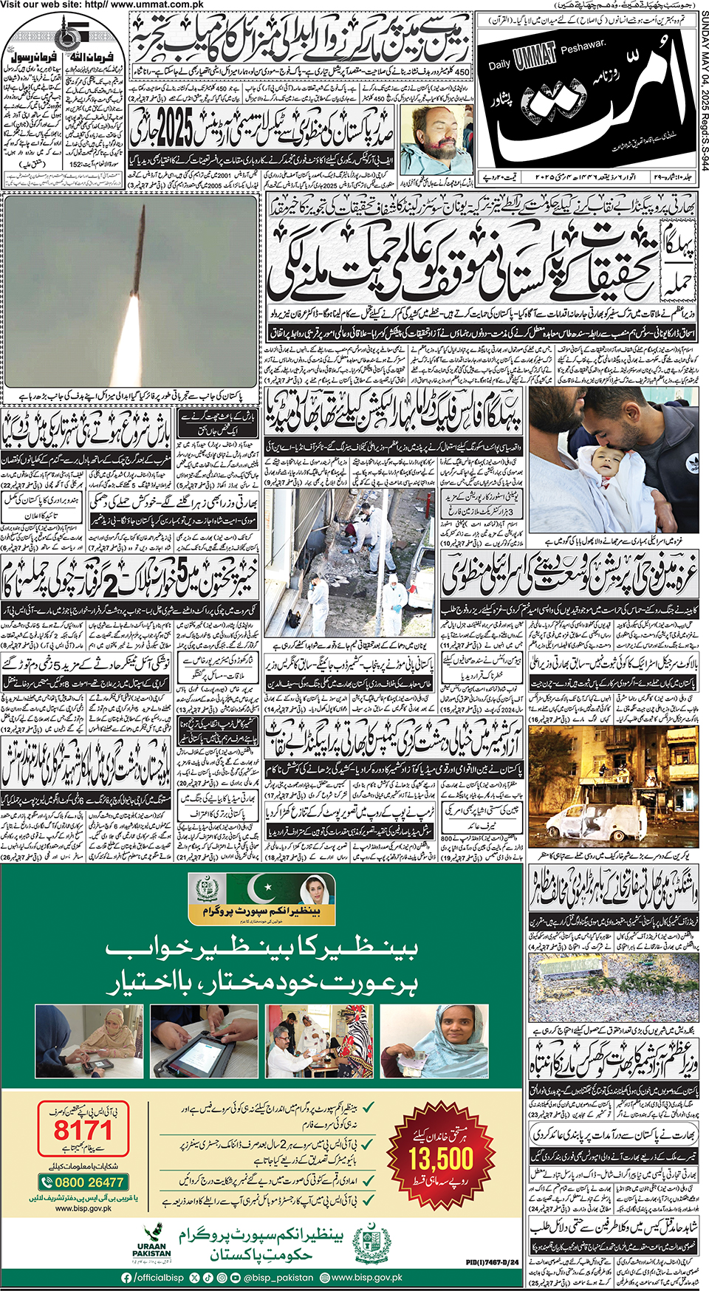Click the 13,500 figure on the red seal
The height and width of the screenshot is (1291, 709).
(441, 1157)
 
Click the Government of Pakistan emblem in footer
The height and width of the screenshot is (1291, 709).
(371, 1244)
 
